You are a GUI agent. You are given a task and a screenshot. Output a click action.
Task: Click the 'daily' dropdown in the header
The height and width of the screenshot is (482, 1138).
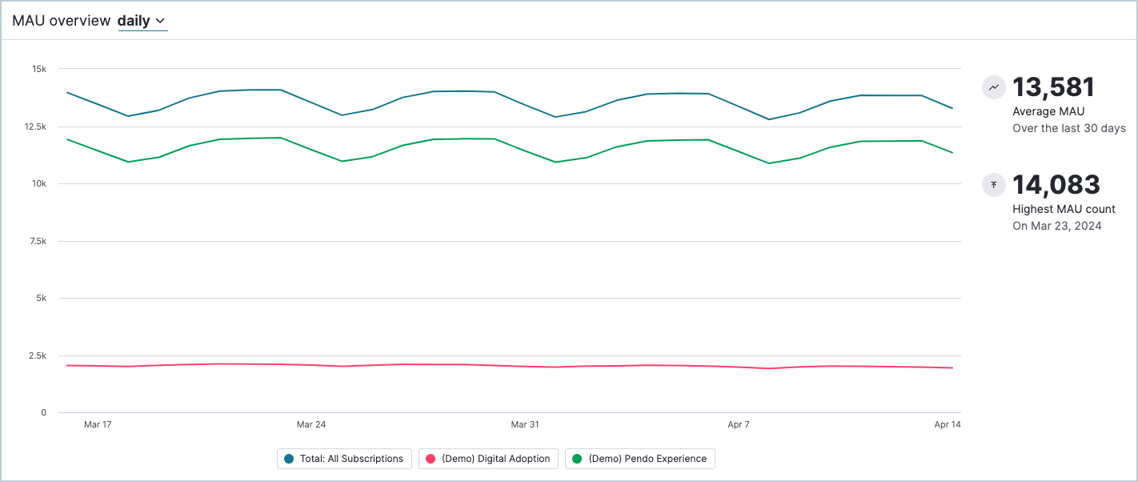point(142,22)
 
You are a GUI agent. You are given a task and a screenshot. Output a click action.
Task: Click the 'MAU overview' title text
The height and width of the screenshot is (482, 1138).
point(61,22)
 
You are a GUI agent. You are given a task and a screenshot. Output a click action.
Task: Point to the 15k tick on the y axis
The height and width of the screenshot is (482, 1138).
point(39,69)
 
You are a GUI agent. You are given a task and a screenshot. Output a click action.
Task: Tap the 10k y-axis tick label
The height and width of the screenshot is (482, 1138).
point(39,184)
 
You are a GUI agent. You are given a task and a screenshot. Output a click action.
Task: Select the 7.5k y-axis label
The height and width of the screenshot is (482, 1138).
point(37,241)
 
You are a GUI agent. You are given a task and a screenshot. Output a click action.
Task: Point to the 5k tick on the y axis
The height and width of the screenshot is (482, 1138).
point(42,299)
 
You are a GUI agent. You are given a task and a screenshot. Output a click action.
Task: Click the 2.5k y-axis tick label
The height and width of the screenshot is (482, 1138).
point(37,355)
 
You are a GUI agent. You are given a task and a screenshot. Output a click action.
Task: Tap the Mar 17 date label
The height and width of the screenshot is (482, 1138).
point(98,424)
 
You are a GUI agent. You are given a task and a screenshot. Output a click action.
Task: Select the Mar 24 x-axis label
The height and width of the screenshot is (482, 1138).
point(311,424)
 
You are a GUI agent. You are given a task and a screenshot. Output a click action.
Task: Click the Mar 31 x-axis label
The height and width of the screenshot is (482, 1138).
point(525,424)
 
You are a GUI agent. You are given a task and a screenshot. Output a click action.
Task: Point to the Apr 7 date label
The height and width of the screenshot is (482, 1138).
point(738,424)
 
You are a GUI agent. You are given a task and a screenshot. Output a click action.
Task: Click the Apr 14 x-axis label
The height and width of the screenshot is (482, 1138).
point(948,424)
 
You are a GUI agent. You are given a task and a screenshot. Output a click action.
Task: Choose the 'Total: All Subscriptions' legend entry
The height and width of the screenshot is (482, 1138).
point(345,459)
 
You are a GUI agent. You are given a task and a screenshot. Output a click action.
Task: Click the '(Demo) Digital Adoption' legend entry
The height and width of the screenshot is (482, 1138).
point(488,459)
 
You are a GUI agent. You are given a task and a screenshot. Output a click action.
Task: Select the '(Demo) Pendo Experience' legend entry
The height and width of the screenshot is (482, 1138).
point(639,459)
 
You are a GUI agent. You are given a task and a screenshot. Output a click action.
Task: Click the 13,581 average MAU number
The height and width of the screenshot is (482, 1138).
point(1053,87)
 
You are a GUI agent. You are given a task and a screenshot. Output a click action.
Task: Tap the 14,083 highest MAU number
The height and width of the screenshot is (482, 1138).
point(1056,185)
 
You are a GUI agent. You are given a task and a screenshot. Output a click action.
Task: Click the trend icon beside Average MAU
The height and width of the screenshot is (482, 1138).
point(994,87)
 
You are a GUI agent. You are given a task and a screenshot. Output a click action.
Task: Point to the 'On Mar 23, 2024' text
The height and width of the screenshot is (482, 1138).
point(1056,226)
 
